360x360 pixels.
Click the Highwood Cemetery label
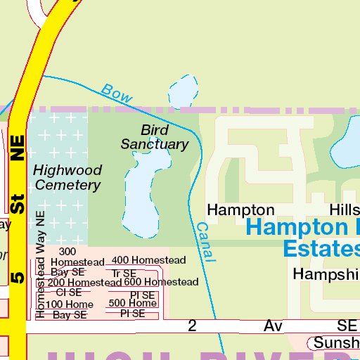[67, 177]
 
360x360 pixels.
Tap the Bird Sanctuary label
[155, 137]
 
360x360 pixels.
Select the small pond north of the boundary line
[182, 90]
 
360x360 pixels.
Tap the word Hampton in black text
[240, 210]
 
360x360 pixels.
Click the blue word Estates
[321, 248]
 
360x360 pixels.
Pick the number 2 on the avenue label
[192, 326]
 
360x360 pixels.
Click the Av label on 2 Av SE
[272, 326]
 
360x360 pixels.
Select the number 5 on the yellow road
[18, 276]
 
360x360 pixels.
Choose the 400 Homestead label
[148, 260]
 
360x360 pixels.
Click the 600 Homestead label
[161, 282]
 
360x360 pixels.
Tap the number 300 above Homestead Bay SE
[67, 252]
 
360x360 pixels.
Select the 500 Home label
[132, 303]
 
